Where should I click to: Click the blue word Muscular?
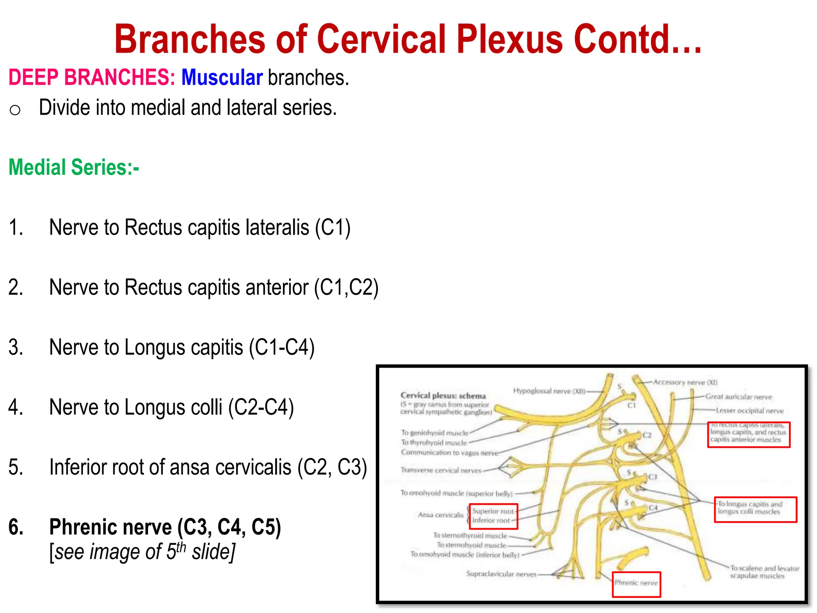point(222,77)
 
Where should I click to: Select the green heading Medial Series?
point(74,167)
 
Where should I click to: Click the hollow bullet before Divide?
point(15,110)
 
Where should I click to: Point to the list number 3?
point(16,347)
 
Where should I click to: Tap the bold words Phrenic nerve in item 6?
point(111,527)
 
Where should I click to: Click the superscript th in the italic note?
point(181,547)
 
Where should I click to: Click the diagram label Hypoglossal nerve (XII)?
point(549,391)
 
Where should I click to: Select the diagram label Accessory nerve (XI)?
point(685,382)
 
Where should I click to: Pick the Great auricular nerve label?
point(738,397)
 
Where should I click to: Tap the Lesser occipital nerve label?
point(750,411)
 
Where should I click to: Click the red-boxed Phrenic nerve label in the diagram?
point(636,583)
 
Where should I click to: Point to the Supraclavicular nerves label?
point(501,574)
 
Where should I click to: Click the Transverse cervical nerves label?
point(441,471)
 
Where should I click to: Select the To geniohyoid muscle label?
point(434,433)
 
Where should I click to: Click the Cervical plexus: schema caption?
point(443,395)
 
